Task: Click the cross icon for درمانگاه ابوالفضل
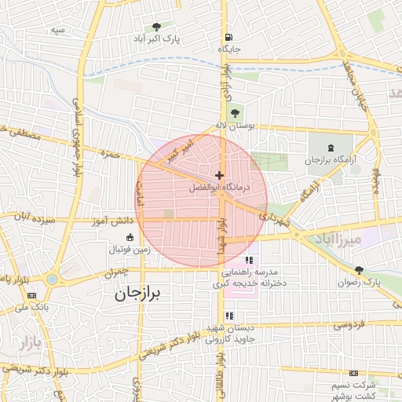(x=219, y=174)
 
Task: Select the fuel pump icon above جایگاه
(x=228, y=36)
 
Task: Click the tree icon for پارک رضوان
(x=359, y=269)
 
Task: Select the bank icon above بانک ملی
(x=31, y=295)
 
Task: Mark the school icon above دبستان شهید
(x=228, y=316)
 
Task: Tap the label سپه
(x=57, y=29)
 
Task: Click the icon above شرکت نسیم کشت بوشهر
(x=354, y=373)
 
